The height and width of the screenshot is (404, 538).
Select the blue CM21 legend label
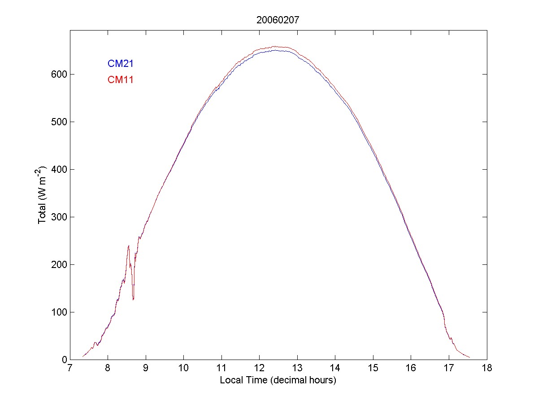(121, 64)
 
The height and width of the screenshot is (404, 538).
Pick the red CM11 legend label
(121, 80)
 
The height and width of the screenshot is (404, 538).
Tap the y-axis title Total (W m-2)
(43, 195)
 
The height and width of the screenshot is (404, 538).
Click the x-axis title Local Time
(278, 380)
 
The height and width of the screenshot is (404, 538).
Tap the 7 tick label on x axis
(70, 369)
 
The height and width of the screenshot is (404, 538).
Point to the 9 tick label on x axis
(146, 369)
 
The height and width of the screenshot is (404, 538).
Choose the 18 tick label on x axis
(486, 369)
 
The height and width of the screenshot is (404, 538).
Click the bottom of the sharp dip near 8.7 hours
(133, 299)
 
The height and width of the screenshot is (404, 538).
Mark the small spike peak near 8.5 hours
(129, 246)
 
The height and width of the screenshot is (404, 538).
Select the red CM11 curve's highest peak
(275, 46)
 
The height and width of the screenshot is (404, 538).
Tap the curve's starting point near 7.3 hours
(82, 356)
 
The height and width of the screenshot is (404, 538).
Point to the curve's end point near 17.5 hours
(469, 357)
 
